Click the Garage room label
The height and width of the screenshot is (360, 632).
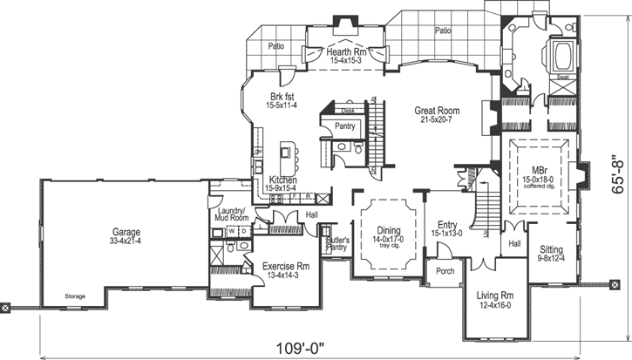pyautogui.click(x=126, y=234)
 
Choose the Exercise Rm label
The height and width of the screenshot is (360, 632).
pyautogui.click(x=286, y=266)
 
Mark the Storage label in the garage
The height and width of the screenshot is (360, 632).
pyautogui.click(x=75, y=296)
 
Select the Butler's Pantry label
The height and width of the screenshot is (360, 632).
pyautogui.click(x=336, y=243)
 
